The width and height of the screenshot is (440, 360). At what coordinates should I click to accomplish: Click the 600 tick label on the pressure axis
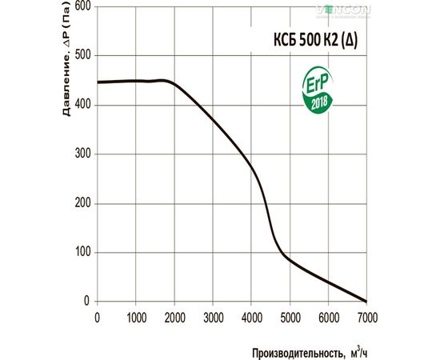(82, 7)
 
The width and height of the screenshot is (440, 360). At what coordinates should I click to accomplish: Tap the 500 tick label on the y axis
(82, 55)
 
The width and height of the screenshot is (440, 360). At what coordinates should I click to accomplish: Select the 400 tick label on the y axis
(82, 105)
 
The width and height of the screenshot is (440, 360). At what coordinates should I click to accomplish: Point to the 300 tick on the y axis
(82, 154)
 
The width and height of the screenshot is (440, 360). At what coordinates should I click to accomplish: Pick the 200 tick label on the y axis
(82, 203)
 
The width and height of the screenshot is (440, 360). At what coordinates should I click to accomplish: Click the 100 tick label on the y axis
(82, 253)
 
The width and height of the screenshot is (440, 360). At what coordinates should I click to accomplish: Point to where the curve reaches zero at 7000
(366, 301)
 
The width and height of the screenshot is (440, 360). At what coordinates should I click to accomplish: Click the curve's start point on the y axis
(98, 82)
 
